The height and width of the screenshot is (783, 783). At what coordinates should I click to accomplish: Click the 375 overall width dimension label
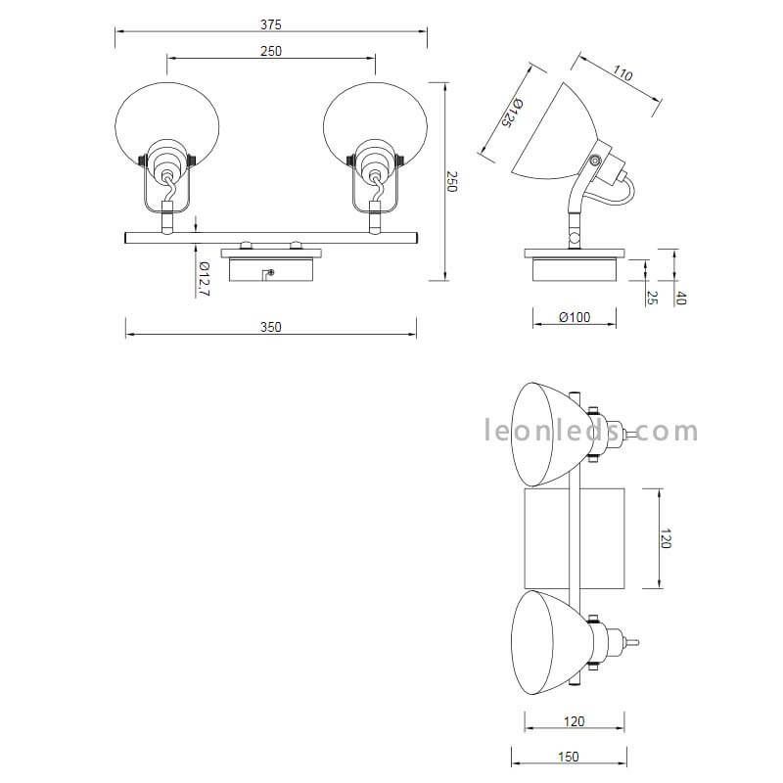pos(271,24)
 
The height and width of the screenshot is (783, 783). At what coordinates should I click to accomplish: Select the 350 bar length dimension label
pos(271,327)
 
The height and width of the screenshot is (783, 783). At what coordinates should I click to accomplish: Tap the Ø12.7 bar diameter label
pos(204,278)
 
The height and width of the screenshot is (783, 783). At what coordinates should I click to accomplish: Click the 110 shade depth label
pos(622,74)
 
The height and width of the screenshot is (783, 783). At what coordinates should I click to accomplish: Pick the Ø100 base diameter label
pos(575,317)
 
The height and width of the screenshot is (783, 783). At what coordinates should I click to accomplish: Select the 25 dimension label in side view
pos(652,298)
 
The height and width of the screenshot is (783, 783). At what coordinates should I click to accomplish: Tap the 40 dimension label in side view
pos(681,299)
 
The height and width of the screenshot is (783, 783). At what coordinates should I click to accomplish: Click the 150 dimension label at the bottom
pos(569,757)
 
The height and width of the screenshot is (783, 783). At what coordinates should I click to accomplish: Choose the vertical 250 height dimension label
pos(451,181)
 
